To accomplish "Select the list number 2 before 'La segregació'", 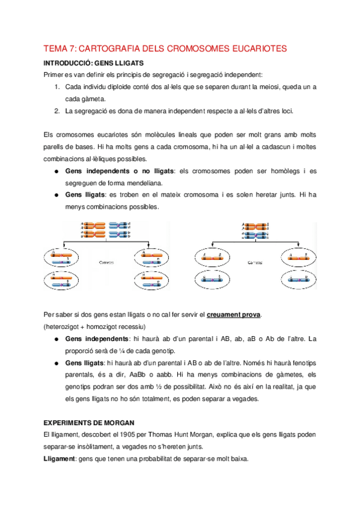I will point(56,111).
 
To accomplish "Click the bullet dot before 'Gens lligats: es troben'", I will point(56,195).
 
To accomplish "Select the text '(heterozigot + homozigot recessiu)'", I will point(94,327).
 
